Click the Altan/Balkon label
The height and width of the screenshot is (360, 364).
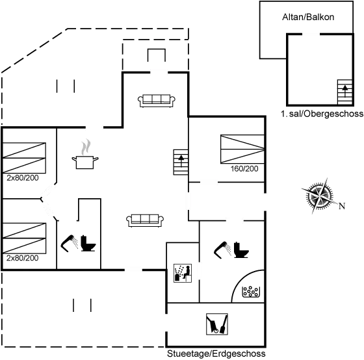click(x=308, y=17)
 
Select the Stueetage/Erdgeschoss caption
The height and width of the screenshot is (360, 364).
click(x=215, y=354)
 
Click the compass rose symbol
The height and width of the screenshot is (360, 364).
click(x=318, y=197)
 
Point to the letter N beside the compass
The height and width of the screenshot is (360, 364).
click(x=342, y=207)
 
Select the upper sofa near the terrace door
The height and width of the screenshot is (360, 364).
click(x=156, y=99)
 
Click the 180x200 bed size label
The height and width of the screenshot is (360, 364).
click(x=244, y=169)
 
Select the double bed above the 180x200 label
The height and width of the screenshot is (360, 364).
click(x=242, y=149)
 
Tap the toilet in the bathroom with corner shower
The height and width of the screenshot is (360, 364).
click(x=232, y=250)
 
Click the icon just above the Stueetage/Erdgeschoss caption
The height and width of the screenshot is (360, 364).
click(x=216, y=324)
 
